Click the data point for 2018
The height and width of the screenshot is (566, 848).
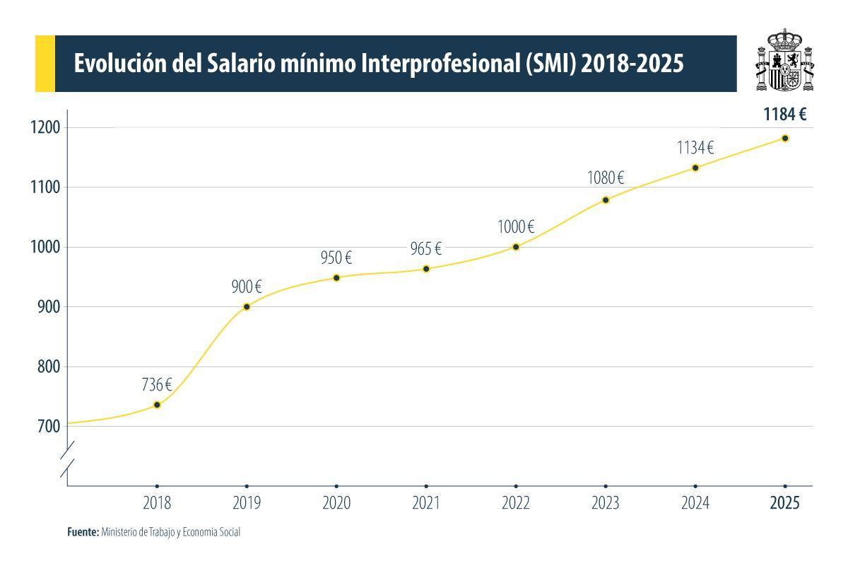[157, 405]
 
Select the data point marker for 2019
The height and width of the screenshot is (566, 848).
[247, 306]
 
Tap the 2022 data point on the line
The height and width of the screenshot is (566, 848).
[516, 247]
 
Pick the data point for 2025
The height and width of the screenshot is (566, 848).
[785, 138]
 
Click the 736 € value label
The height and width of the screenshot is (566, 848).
[157, 385]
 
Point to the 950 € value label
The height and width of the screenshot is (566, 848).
[336, 258]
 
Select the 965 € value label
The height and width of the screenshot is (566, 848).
[426, 249]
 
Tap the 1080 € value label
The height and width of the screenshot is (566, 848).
[606, 178]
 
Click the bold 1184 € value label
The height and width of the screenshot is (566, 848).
[785, 115]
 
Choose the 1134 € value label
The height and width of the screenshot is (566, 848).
[695, 148]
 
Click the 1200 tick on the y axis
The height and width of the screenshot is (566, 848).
[45, 127]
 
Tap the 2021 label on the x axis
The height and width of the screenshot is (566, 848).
[426, 503]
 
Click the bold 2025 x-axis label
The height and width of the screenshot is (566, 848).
[785, 503]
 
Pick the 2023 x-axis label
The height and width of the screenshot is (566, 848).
[606, 503]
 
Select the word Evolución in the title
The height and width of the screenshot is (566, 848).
[121, 64]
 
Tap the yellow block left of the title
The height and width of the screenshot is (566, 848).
[45, 64]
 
